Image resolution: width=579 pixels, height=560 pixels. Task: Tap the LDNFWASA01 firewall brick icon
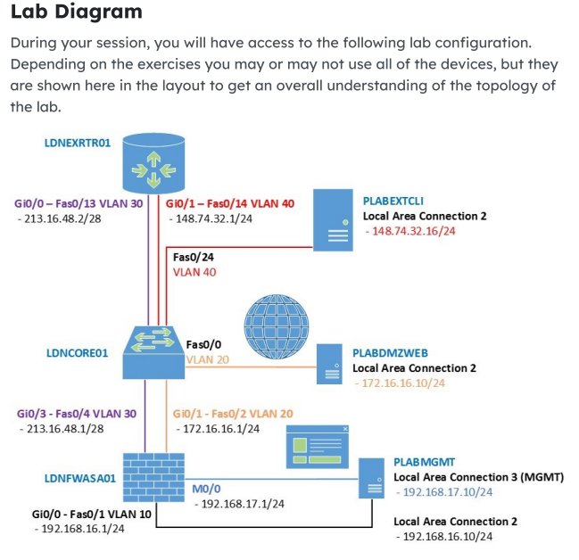pyautogui.click(x=153, y=469)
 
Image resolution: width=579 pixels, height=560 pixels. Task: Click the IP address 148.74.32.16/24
pyautogui.click(x=410, y=231)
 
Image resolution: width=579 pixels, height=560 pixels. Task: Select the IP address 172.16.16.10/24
pyautogui.click(x=399, y=383)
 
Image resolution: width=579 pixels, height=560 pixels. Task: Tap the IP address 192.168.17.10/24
pyautogui.click(x=443, y=491)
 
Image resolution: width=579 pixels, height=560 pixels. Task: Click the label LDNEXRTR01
pyautogui.click(x=78, y=143)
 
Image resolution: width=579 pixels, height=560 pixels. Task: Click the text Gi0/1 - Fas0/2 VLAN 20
pyautogui.click(x=234, y=414)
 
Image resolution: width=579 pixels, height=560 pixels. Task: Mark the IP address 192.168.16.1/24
pyautogui.click(x=79, y=528)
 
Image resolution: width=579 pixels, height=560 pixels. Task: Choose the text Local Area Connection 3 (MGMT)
pyautogui.click(x=478, y=477)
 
